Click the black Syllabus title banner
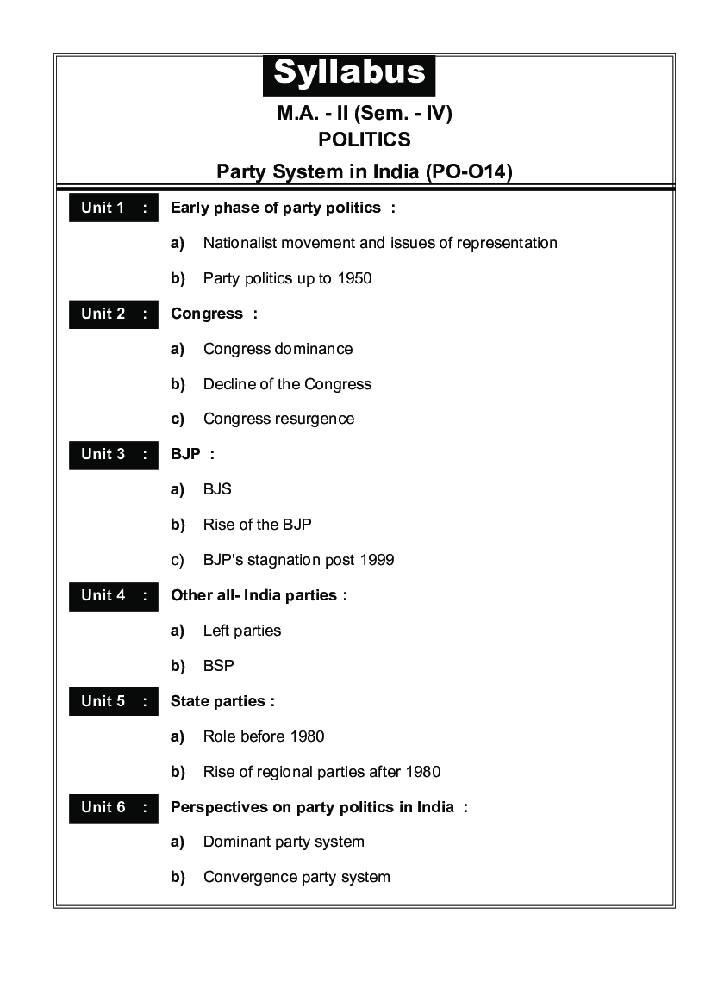click(x=349, y=74)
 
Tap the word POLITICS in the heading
click(x=364, y=140)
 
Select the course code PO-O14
click(x=466, y=171)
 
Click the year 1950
click(x=354, y=278)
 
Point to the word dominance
click(x=314, y=349)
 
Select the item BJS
click(x=217, y=489)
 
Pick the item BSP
click(x=218, y=666)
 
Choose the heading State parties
click(x=222, y=701)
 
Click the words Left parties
click(x=241, y=631)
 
